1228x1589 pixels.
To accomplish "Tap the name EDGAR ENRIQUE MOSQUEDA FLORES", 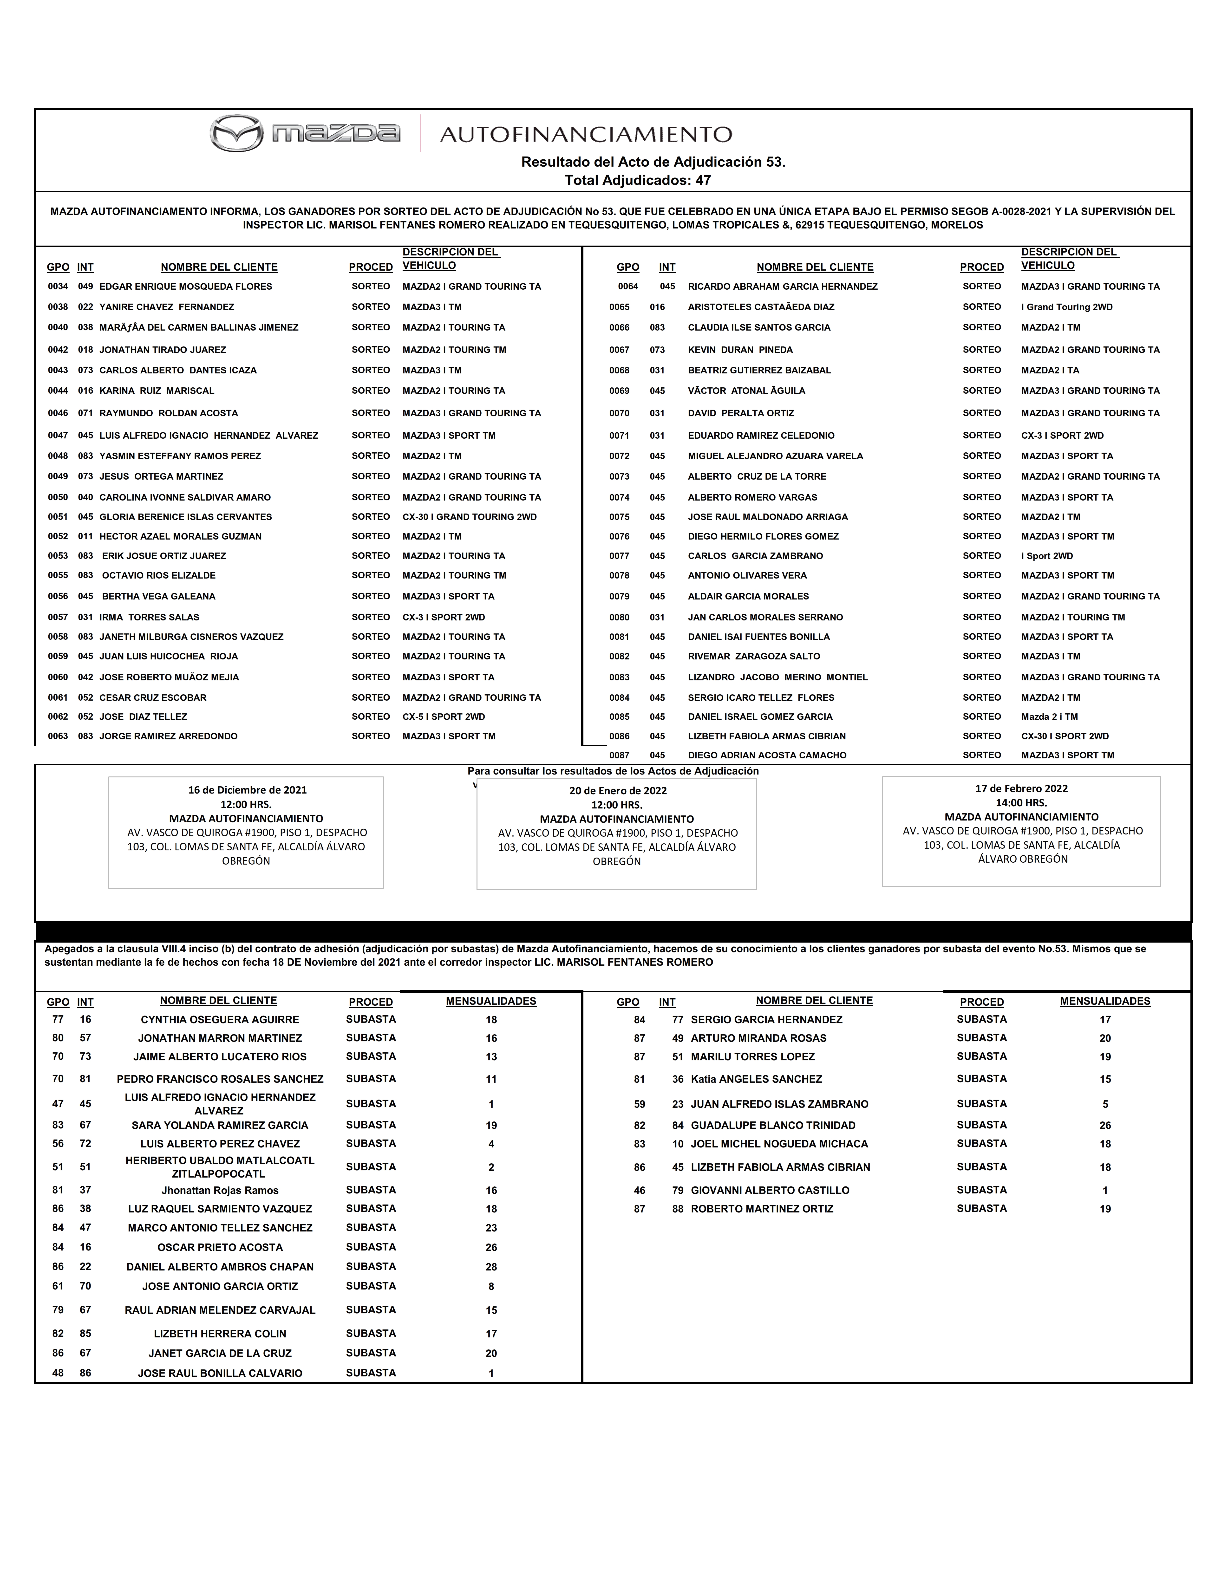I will (x=185, y=287).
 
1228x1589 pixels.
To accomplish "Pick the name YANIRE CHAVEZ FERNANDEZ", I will (x=167, y=307).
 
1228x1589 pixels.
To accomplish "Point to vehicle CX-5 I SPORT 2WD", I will (x=444, y=717).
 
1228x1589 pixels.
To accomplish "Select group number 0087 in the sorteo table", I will (x=619, y=755).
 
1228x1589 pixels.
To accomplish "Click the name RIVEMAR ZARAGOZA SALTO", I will (x=754, y=656).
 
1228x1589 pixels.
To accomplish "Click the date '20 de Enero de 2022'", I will (x=618, y=791).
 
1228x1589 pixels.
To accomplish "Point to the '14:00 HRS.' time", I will (x=1021, y=802).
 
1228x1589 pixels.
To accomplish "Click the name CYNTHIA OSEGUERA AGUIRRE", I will (x=220, y=1020).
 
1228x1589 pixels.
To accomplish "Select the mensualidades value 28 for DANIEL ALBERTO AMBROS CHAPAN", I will (x=491, y=1267).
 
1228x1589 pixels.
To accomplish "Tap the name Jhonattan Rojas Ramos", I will (x=220, y=1190).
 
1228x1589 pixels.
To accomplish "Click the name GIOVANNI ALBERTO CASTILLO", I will (x=770, y=1190).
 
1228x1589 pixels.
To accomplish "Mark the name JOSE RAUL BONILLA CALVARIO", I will (x=220, y=1374).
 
